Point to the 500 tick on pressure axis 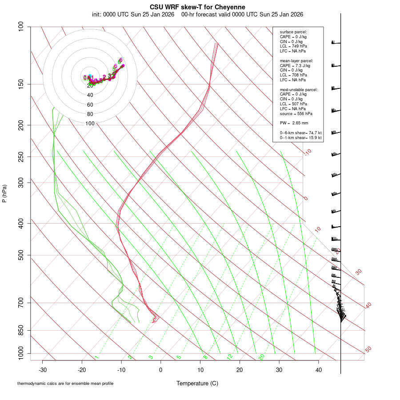coord(21,255)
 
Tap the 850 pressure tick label coord(21,330)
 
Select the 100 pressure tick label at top coord(21,27)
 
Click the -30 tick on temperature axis coord(43,370)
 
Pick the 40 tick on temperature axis coord(318,370)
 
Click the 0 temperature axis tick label coord(161,370)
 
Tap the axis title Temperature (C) coord(197,383)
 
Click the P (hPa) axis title coord(4,194)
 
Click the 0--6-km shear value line coord(300,132)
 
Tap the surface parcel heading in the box coord(293,32)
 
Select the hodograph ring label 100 coord(90,124)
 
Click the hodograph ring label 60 coord(90,104)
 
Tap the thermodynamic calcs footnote coord(65,384)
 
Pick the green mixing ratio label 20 coord(261,357)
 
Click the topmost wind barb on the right coord(336,43)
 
